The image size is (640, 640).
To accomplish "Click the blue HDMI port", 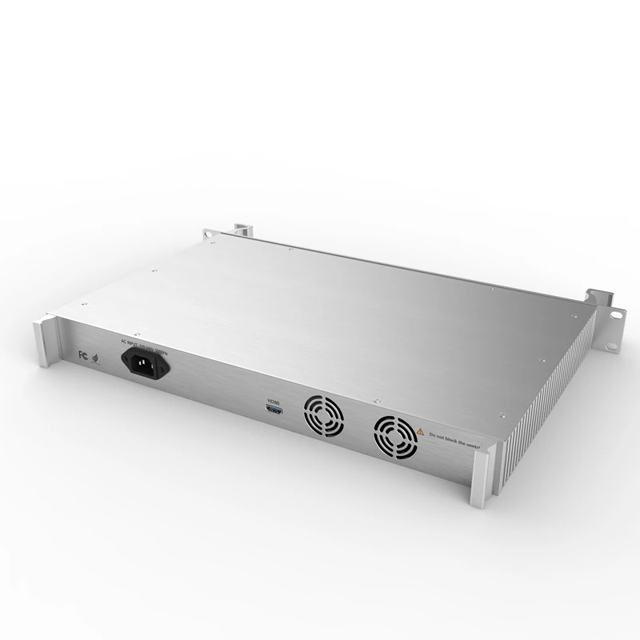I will coord(274,410).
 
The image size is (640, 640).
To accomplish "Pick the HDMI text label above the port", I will coord(274,399).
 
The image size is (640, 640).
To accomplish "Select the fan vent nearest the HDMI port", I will coord(322,416).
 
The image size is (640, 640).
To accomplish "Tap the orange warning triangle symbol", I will coord(419,431).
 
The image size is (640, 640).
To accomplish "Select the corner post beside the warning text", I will coord(483,478).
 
